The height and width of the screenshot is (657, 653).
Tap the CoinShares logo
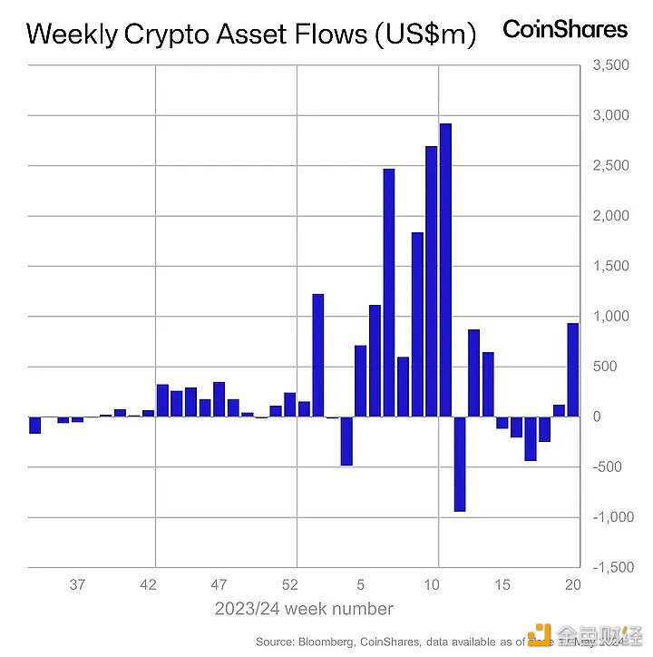coord(565,29)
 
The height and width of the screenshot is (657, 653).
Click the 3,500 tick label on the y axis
coord(610,66)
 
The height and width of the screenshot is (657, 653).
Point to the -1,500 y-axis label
coord(609,567)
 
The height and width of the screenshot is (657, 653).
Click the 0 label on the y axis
coord(597,417)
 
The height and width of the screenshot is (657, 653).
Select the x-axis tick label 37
coord(77,584)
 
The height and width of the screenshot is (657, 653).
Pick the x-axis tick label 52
coord(290,584)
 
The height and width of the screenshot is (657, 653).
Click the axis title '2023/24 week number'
coord(304,609)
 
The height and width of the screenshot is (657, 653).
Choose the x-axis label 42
coord(150,584)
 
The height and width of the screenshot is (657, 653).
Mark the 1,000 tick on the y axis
coord(610,317)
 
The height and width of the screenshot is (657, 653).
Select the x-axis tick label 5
coord(360,584)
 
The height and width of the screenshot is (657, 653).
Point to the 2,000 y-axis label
coord(610,216)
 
